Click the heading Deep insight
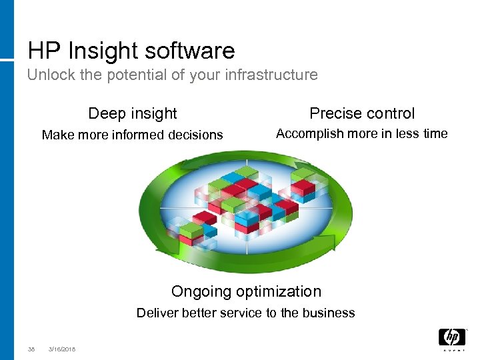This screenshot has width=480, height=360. (x=133, y=113)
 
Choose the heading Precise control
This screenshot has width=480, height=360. (x=362, y=113)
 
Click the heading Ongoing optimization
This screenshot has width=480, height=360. (x=246, y=291)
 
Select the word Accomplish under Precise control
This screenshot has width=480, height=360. (x=307, y=134)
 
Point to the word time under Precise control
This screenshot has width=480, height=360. (x=435, y=133)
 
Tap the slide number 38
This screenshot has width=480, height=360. (x=31, y=349)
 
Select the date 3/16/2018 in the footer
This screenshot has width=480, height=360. (x=62, y=349)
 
